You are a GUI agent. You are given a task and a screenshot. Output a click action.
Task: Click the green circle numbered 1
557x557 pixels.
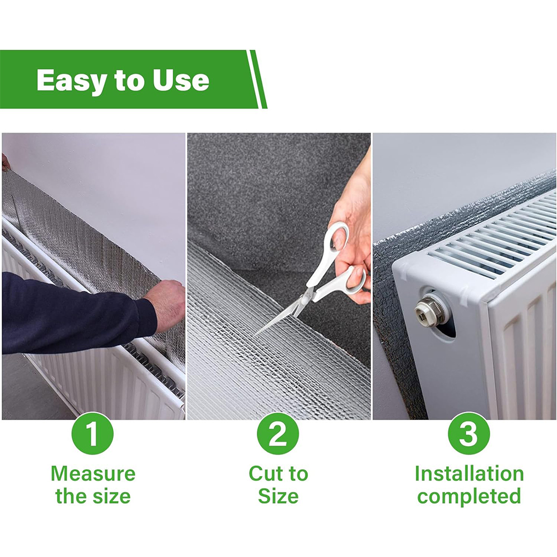point(92,433)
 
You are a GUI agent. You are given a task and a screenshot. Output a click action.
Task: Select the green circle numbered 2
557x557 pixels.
point(278,433)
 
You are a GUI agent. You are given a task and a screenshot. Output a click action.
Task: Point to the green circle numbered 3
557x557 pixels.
point(468,433)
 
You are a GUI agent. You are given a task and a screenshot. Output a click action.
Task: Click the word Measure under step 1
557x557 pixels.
point(93,473)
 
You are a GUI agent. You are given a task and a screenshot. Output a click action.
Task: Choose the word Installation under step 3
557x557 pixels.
point(469,473)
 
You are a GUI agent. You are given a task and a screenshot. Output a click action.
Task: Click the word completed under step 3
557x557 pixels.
point(469,497)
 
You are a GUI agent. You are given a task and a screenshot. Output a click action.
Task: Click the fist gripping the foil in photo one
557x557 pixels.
point(168,304)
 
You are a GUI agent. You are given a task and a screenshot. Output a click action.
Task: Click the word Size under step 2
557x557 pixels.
point(278,496)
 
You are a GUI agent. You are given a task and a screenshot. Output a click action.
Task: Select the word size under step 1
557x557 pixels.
point(111,496)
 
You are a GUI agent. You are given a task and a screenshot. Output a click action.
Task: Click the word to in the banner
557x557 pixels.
point(130,81)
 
